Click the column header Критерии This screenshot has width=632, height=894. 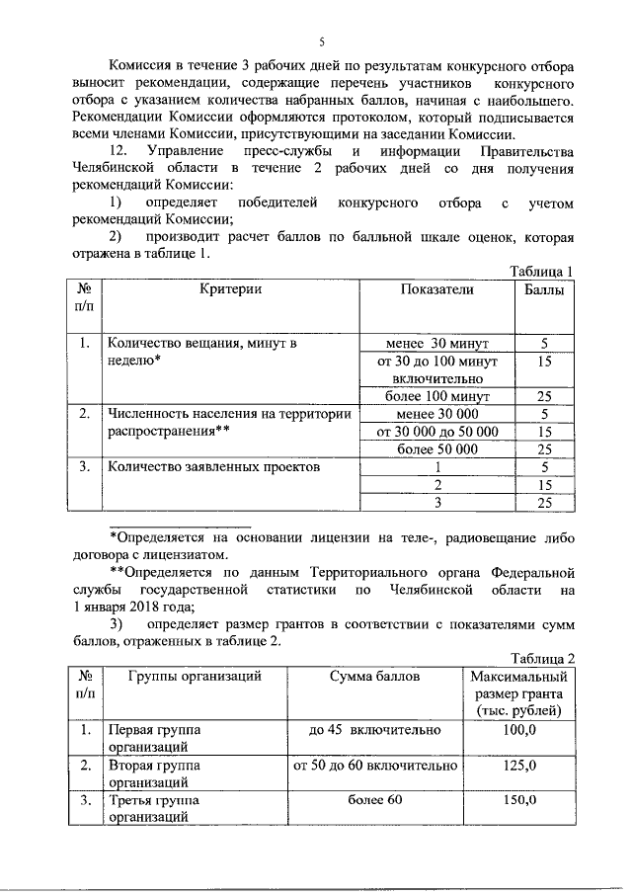(x=231, y=288)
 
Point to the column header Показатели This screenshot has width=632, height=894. (x=436, y=288)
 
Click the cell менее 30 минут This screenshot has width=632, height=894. (x=436, y=344)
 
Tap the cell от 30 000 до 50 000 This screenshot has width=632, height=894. (x=436, y=432)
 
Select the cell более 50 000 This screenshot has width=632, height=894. (x=436, y=449)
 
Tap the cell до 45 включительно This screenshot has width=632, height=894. (x=374, y=730)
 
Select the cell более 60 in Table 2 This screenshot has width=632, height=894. (x=374, y=800)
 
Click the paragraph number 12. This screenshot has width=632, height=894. (x=118, y=151)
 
